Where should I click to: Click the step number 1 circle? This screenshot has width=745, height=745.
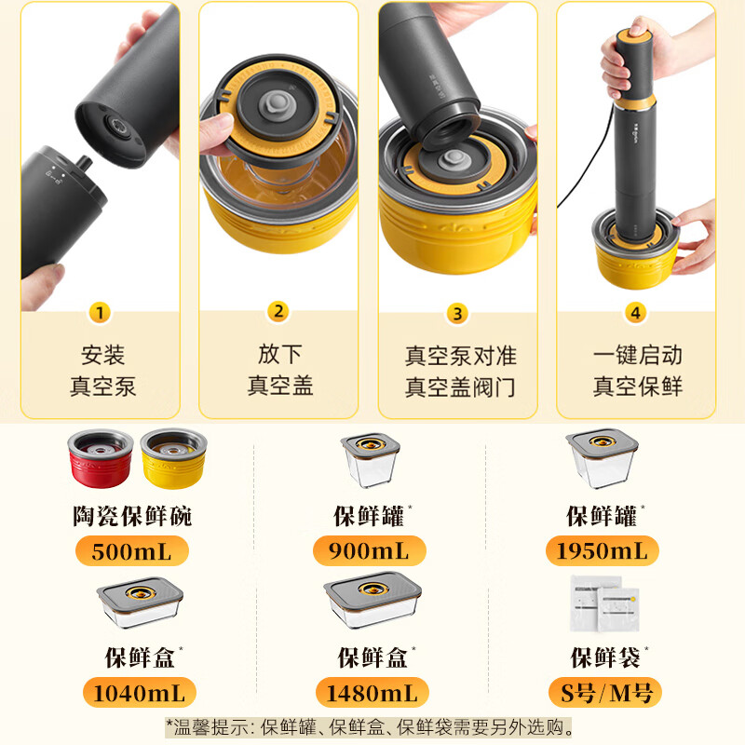tap(100, 312)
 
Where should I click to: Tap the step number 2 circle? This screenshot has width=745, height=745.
tap(278, 312)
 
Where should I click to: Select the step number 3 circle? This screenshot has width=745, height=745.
tap(456, 313)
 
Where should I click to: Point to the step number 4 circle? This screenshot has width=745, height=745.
tap(635, 313)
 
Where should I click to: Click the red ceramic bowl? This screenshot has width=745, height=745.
tap(100, 457)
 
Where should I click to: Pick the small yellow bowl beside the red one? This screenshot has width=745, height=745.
tap(173, 457)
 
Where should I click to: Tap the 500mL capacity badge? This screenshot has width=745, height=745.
tap(131, 550)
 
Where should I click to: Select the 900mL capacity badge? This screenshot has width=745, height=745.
tap(368, 550)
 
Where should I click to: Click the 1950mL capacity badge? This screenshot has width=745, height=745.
tap(602, 550)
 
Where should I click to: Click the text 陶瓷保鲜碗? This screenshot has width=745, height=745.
tap(131, 515)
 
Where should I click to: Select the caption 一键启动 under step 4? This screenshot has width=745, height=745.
tap(637, 355)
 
